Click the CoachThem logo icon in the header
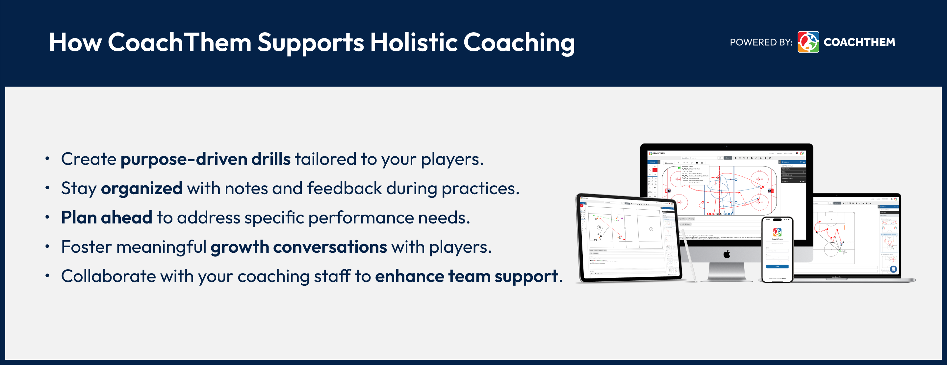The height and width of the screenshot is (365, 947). [x=808, y=42]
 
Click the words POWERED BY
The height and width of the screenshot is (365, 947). [x=761, y=42]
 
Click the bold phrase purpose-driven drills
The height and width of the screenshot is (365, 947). [x=206, y=159]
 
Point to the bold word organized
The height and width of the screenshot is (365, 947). [x=141, y=188]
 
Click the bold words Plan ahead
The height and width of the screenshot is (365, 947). [x=107, y=218]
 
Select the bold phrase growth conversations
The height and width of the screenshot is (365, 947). [x=298, y=247]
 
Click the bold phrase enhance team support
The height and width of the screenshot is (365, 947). [x=466, y=276]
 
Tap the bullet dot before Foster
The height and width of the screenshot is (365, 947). [x=47, y=246]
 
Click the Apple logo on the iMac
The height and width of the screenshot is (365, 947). [x=727, y=254]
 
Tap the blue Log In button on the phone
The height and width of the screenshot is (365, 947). [x=777, y=267]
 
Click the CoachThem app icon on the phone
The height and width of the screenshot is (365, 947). [x=777, y=232]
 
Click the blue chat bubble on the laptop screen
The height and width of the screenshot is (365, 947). [x=893, y=269]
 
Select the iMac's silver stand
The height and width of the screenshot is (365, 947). [x=727, y=272]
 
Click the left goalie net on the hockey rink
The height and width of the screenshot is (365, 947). [x=668, y=191]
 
